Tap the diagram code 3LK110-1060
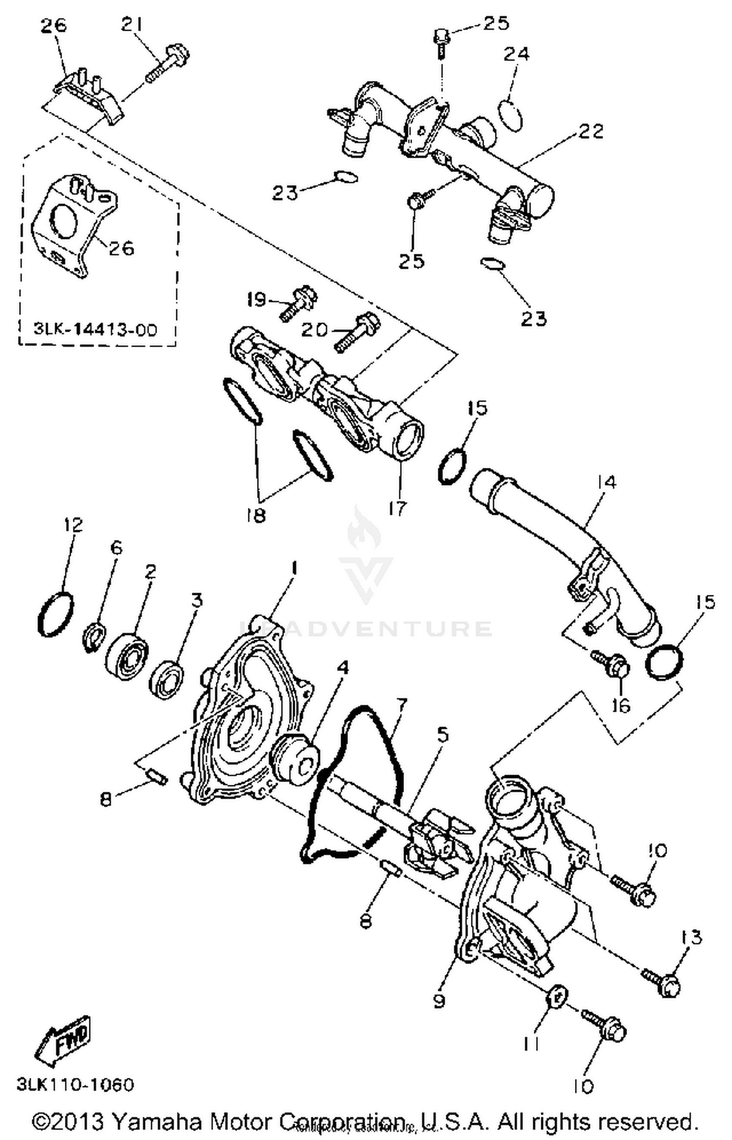click(75, 1085)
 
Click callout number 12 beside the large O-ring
click(73, 525)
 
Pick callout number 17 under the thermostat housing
click(398, 508)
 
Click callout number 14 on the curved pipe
click(606, 482)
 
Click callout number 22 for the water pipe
click(591, 131)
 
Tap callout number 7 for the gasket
click(401, 705)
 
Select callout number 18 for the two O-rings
click(256, 514)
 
